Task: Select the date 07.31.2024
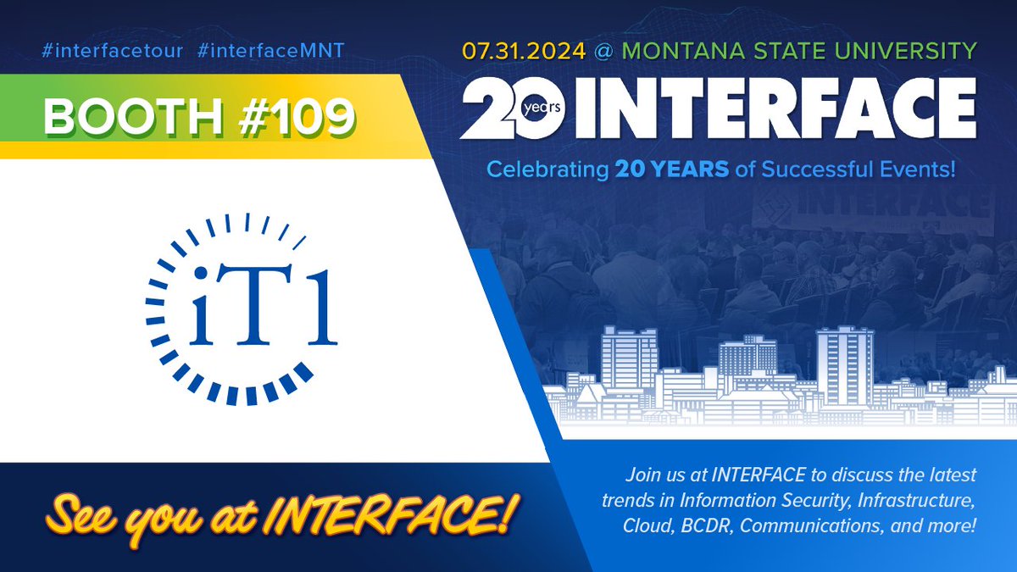(x=523, y=51)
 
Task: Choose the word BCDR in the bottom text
(x=704, y=525)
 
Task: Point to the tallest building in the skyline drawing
(x=844, y=356)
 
